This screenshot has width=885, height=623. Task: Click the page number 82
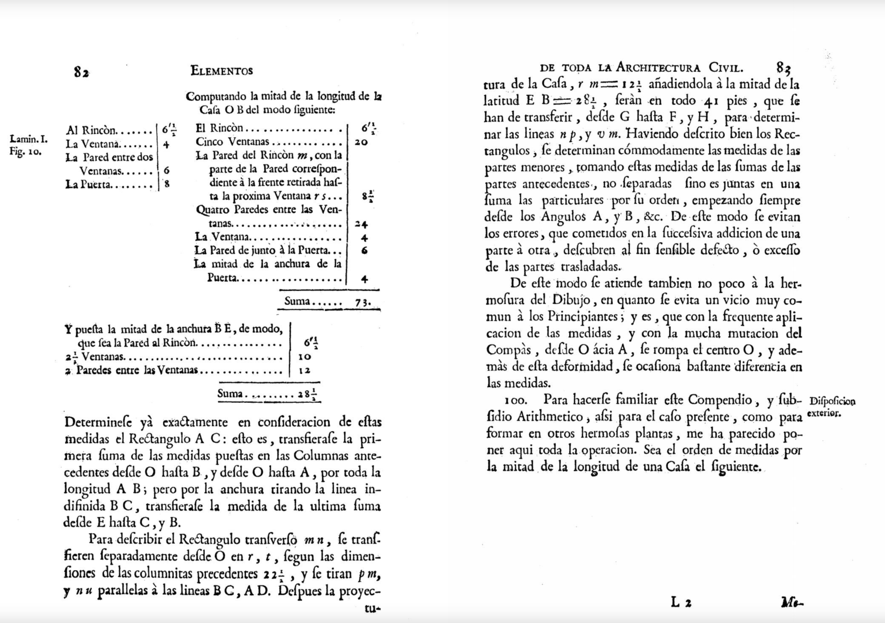(x=81, y=72)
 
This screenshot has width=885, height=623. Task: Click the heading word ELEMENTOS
(x=222, y=71)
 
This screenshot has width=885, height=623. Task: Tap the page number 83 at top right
(x=783, y=68)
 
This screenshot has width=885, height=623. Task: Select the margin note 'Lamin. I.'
(x=29, y=139)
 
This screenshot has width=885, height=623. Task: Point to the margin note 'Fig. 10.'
(x=26, y=151)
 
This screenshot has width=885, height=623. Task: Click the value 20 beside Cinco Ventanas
(x=361, y=143)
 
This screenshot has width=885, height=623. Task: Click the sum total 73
(x=362, y=302)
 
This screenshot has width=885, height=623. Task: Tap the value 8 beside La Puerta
(x=167, y=184)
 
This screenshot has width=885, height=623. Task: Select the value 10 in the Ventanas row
(x=305, y=357)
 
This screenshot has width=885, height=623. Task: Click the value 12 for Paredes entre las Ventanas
(x=304, y=371)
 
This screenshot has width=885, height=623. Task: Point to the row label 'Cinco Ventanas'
(x=232, y=142)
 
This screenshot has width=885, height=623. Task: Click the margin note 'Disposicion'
(x=832, y=402)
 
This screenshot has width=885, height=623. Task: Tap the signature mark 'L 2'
(x=681, y=602)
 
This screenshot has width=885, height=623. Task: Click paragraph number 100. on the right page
(x=516, y=401)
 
